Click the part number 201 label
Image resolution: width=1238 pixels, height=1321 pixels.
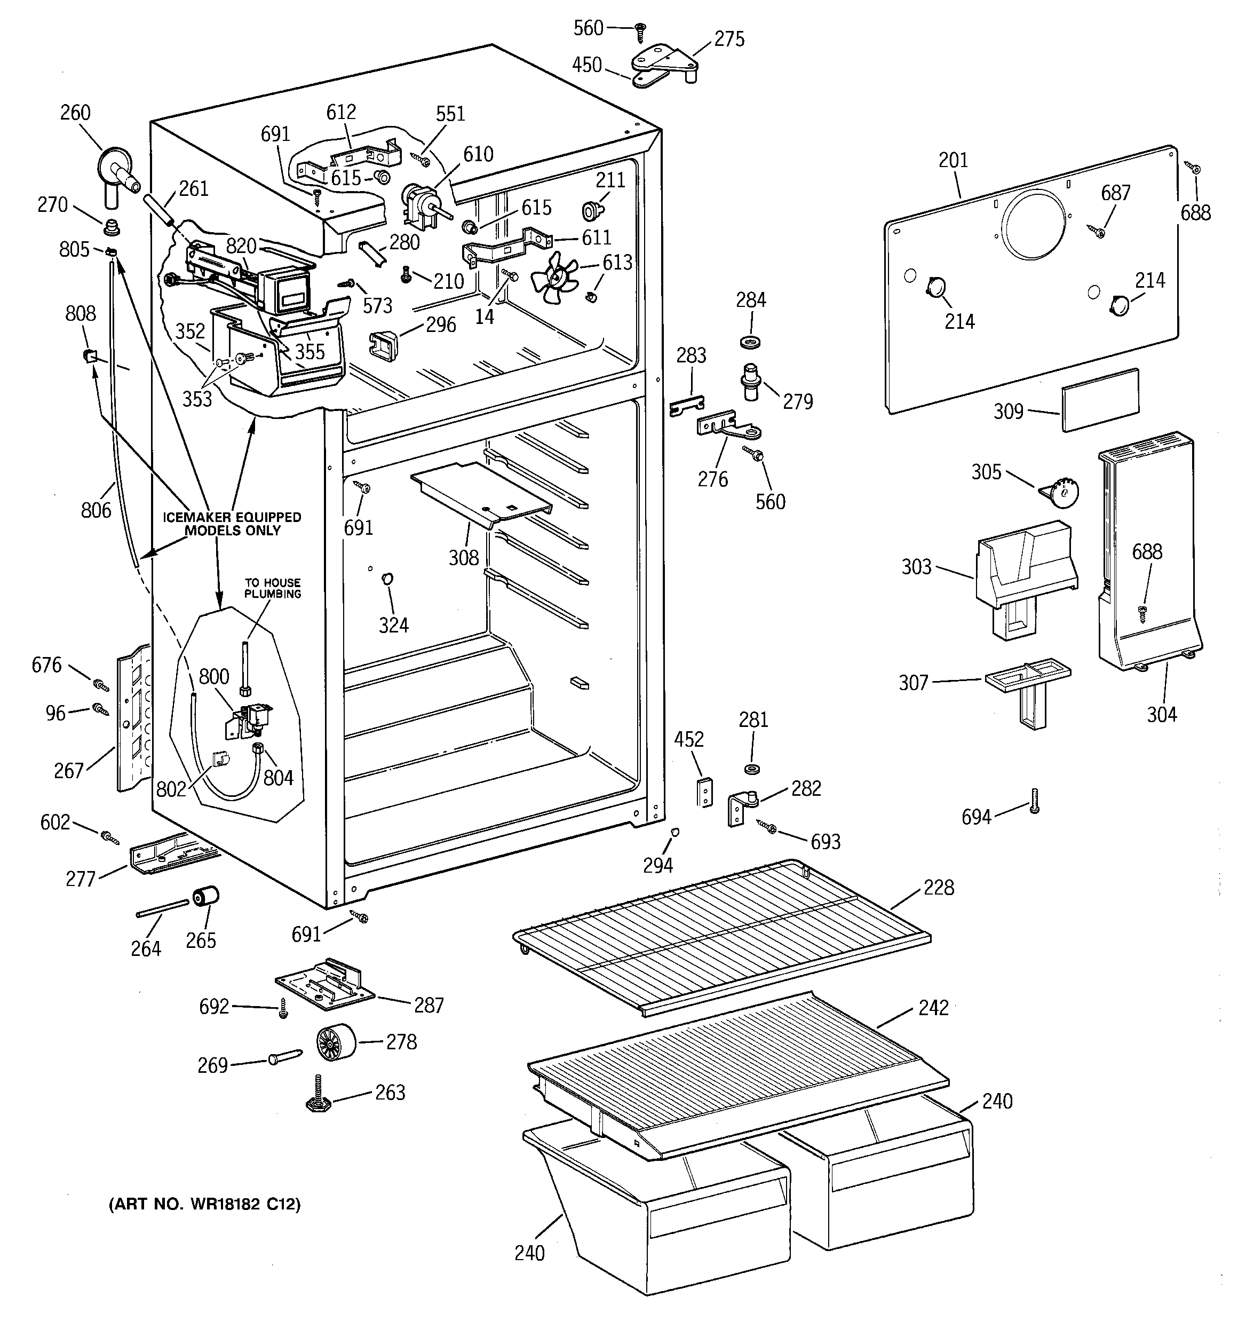(x=953, y=160)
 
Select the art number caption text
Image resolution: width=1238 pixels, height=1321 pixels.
(x=204, y=1204)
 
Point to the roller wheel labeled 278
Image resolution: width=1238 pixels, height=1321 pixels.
(x=335, y=1042)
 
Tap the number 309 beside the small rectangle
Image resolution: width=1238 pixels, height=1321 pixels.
(x=1008, y=412)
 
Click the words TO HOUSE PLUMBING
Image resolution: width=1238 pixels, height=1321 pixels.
(x=273, y=588)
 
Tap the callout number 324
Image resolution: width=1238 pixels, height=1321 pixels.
(x=393, y=624)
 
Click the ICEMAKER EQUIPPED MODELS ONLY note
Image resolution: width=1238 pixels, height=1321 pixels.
(x=232, y=524)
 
